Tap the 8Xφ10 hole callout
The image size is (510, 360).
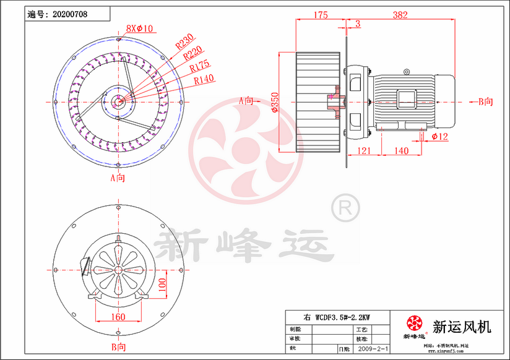[x=140, y=28]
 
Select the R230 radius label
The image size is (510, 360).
[x=184, y=42]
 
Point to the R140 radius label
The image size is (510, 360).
[x=204, y=79]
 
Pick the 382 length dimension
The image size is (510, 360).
[x=400, y=15]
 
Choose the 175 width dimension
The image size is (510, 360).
[x=320, y=15]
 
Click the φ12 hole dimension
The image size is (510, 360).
[x=439, y=136]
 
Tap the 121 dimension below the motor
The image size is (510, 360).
[x=365, y=150]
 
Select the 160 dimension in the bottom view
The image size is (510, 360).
[x=118, y=317]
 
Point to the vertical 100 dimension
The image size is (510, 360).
[x=162, y=285]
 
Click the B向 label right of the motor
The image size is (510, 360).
[x=485, y=101]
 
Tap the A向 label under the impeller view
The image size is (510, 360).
[x=118, y=178]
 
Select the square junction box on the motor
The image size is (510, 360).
[x=407, y=101]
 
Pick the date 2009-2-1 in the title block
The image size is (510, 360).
[x=372, y=349]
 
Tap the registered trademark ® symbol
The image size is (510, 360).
[x=345, y=208]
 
